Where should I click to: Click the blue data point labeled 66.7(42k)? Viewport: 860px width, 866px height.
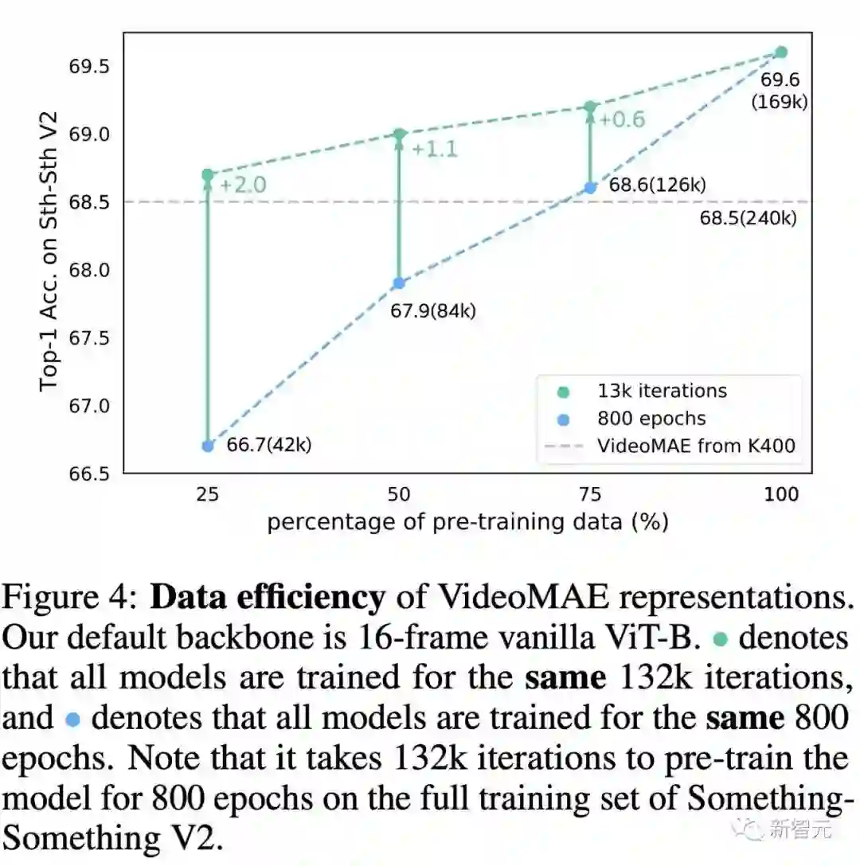tap(208, 446)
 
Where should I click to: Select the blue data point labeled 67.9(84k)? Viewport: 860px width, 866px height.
tap(400, 283)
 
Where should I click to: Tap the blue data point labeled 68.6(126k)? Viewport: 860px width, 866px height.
tap(590, 187)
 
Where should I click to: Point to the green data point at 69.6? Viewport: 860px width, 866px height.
tap(781, 52)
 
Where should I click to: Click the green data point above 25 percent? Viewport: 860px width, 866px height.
tap(208, 174)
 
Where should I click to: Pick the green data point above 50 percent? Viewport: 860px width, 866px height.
tap(400, 134)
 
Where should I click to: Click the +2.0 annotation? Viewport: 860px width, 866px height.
tap(242, 185)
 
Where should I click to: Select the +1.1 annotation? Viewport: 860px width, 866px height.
tap(435, 148)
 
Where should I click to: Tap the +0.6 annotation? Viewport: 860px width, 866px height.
tap(622, 119)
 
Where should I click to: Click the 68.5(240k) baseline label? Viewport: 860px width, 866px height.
tap(748, 217)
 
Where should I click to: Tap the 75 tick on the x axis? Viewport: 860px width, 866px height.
tap(590, 494)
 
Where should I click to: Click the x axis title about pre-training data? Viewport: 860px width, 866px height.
tap(467, 522)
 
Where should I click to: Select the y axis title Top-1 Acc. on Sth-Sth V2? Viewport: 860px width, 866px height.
tap(49, 255)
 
